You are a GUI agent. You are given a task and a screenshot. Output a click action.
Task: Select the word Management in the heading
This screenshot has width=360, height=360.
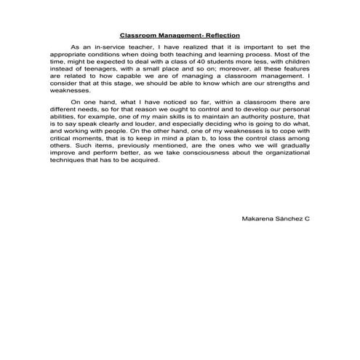[x=175, y=34]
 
